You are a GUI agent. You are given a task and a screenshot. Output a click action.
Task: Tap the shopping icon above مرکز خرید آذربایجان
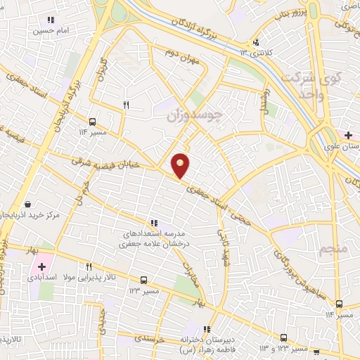pos(27,204)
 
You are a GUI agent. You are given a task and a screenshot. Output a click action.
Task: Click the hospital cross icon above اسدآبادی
pos(41,267)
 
